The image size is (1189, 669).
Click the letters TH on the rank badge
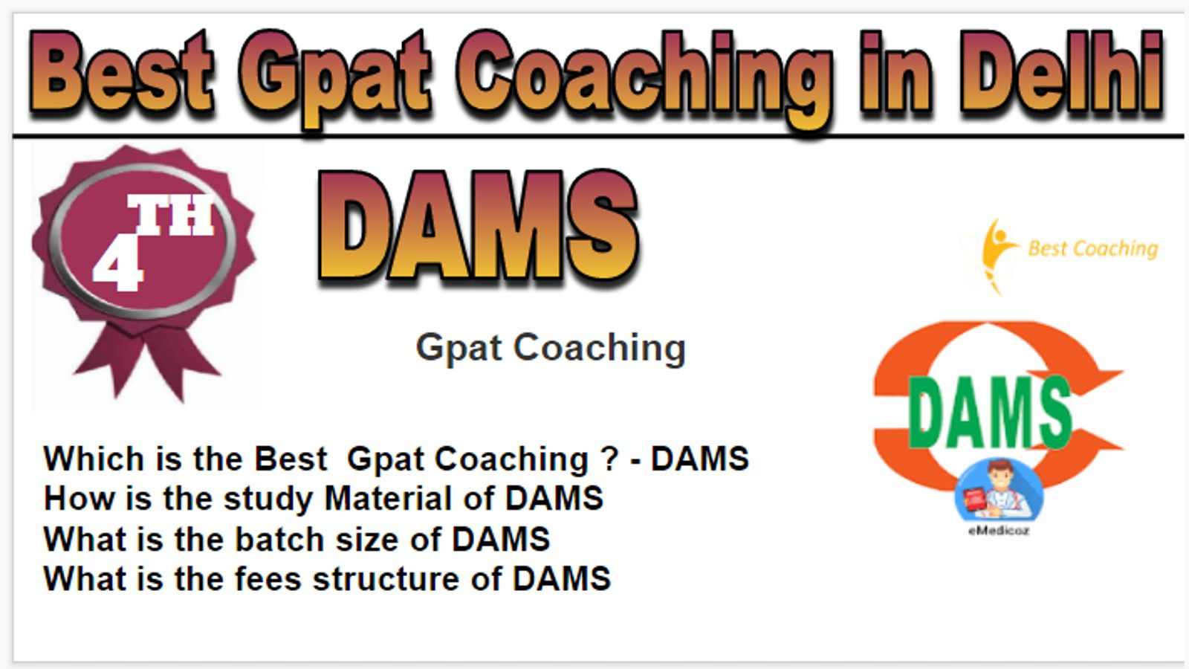pos(171,215)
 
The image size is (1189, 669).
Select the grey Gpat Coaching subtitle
pos(551,349)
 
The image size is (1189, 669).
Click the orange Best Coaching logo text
pos(1093,249)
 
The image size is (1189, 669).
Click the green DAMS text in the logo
pos(991,412)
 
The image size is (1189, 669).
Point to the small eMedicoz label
pos(999,531)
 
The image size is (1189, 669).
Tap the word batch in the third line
pos(279,540)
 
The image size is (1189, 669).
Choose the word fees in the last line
pos(268,579)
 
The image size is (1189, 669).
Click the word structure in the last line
pos(386,580)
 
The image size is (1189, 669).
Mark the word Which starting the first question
pos(94,459)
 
